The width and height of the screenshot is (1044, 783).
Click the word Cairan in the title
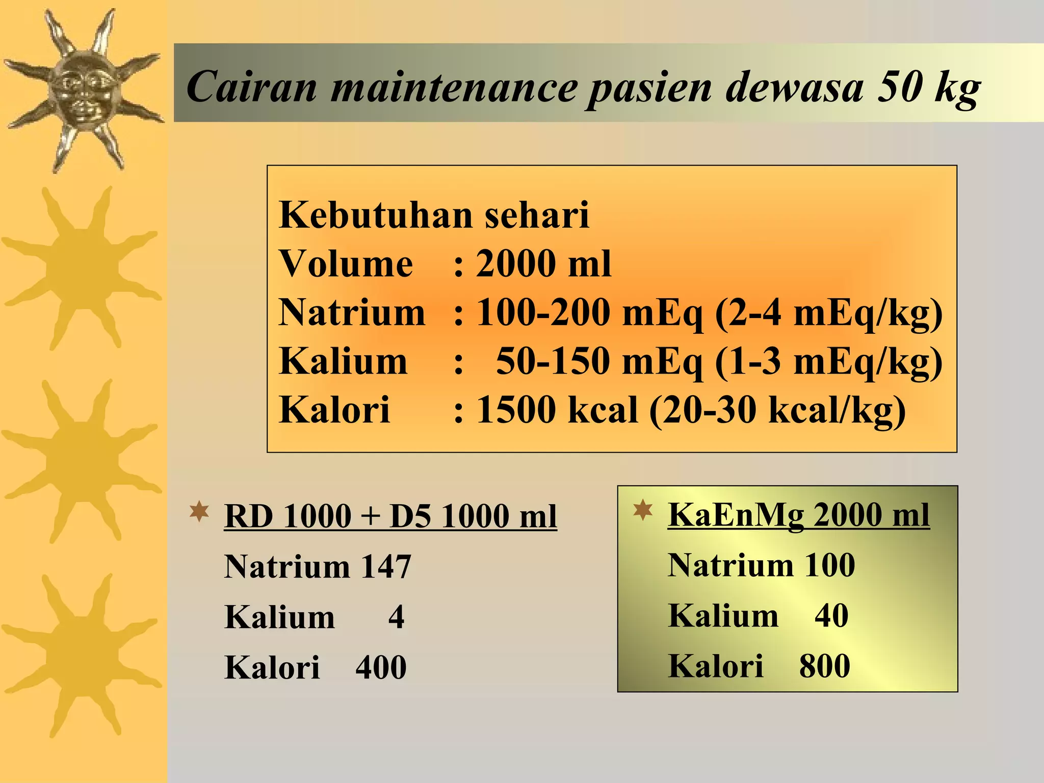coord(251,86)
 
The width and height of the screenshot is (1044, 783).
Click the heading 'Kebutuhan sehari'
coord(434,215)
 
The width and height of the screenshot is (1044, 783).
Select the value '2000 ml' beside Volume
coord(543,264)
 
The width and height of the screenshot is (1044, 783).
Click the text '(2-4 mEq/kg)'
coord(829,312)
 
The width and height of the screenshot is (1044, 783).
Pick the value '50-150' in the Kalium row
coord(553,361)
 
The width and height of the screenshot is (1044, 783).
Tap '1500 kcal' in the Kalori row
coord(557,409)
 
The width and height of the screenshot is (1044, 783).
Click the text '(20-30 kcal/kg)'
coord(777,410)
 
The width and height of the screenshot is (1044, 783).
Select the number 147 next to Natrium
coord(385,566)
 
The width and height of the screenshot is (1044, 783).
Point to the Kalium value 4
coord(396,617)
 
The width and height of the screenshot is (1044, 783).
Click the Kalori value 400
coord(381,667)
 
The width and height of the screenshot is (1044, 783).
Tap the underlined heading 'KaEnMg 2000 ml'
coord(799,514)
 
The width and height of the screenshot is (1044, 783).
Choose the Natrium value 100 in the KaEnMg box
coord(829,565)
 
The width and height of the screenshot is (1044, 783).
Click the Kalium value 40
coord(831,615)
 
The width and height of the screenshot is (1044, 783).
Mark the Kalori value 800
coord(824,666)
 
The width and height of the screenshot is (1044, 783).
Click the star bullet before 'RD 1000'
coord(199,511)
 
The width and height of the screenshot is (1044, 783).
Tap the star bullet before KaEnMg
coord(643,510)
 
